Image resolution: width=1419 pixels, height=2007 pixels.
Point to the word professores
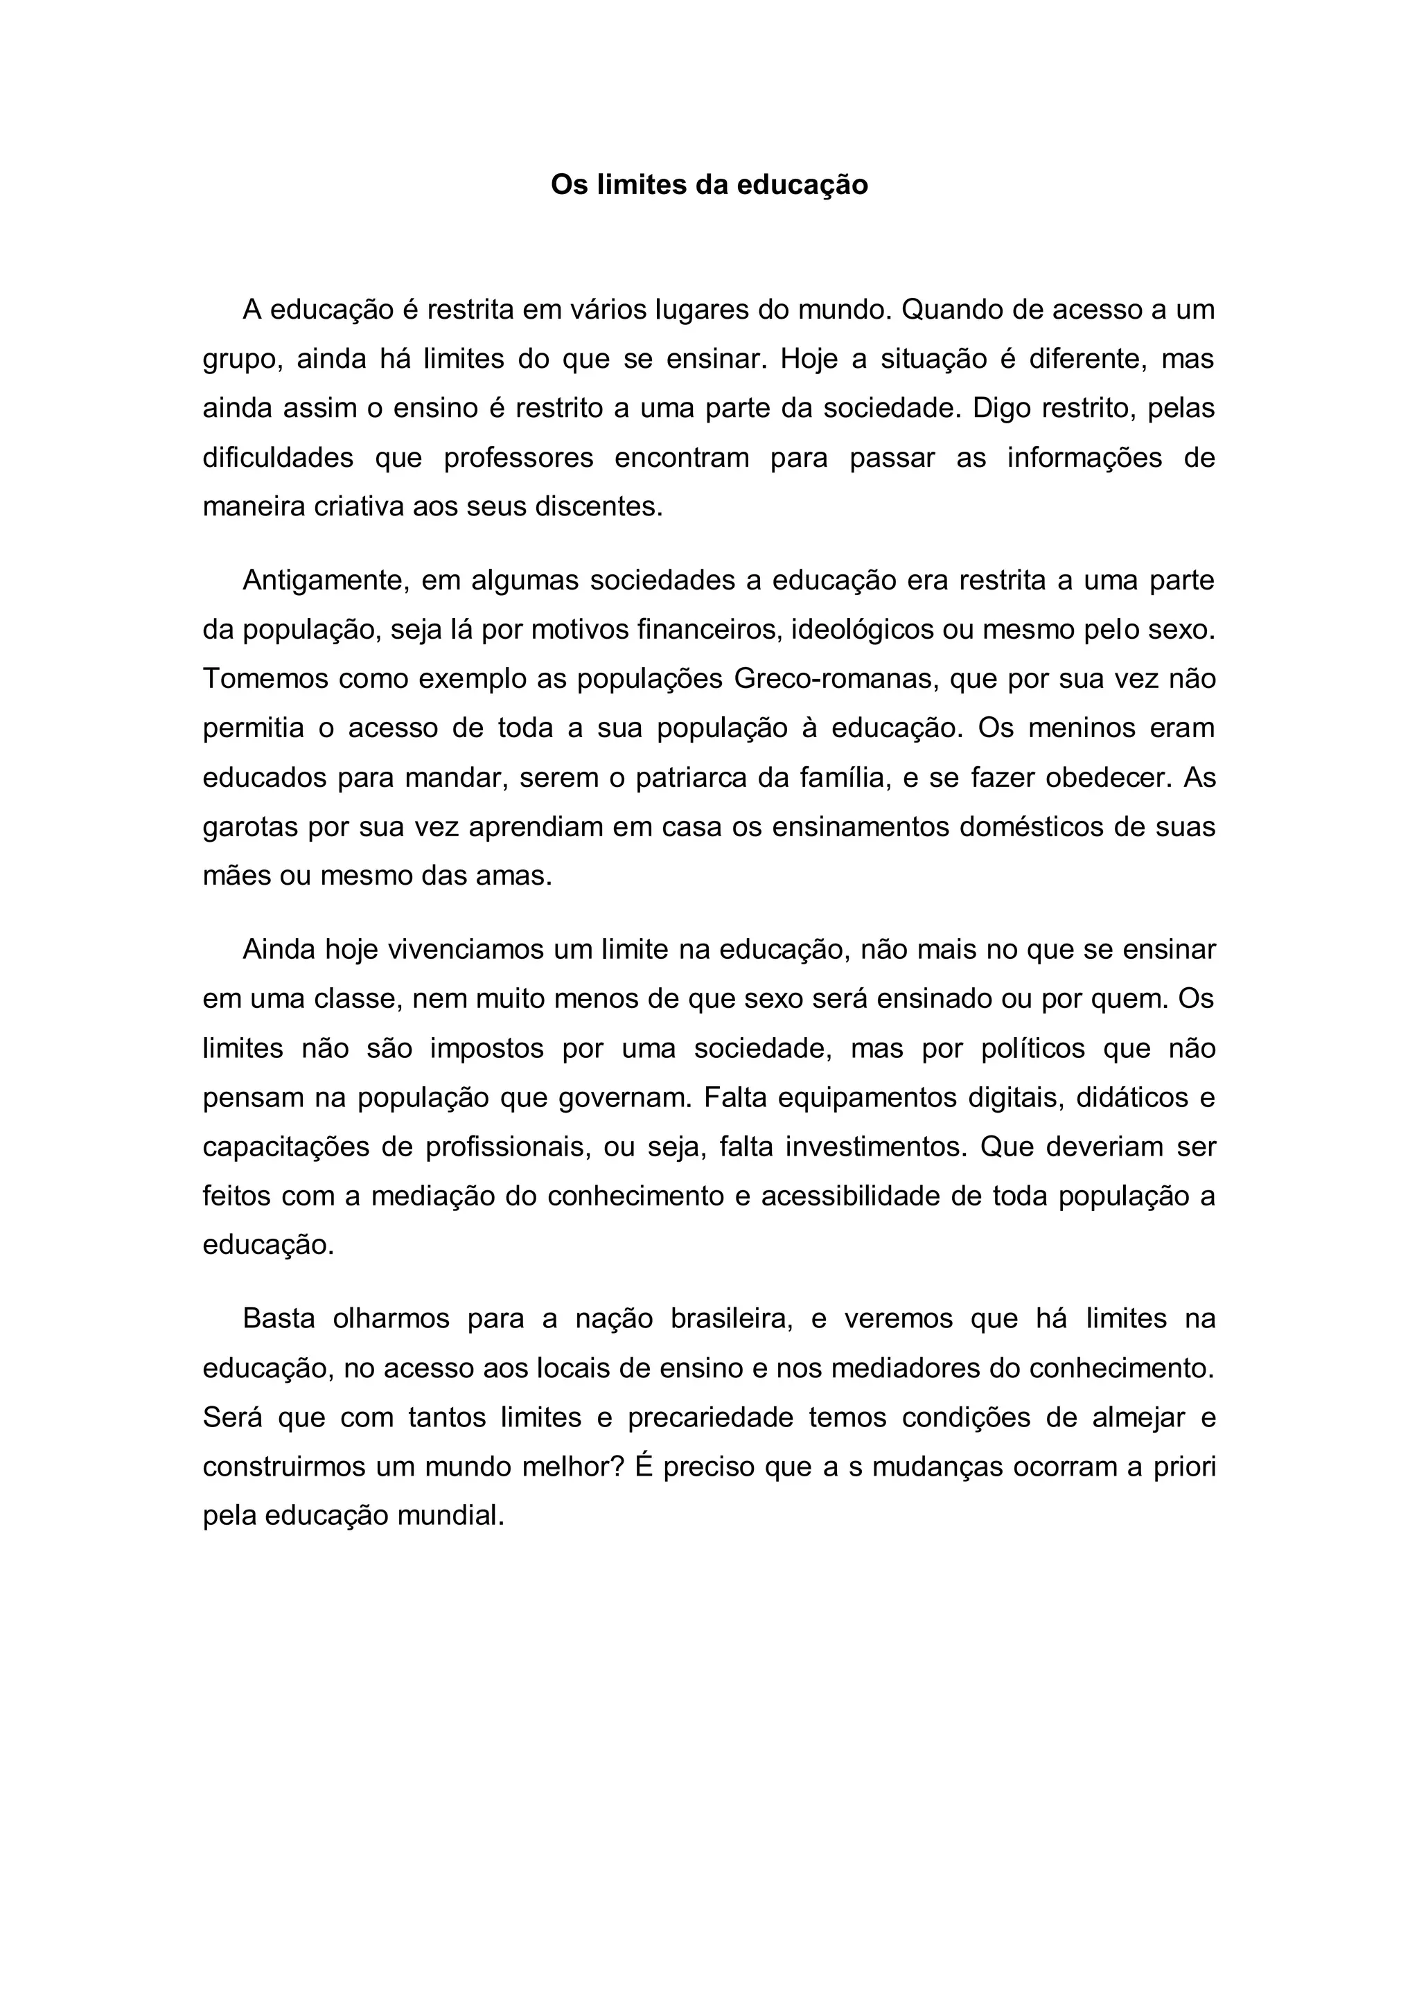(x=518, y=457)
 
